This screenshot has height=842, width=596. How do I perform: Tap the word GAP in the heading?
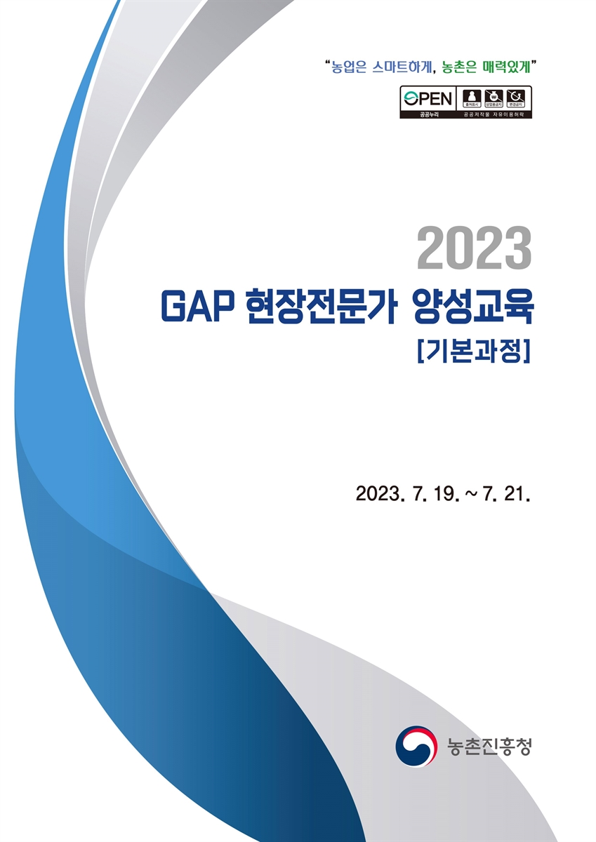pos(196,309)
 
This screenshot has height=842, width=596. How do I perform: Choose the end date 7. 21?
pos(510,494)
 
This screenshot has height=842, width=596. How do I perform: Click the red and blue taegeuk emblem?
pos(416,746)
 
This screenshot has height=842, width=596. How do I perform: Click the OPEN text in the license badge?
pos(428,98)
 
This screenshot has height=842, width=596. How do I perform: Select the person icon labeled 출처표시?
pos(471,98)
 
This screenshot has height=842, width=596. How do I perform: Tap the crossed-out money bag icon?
pos(494,98)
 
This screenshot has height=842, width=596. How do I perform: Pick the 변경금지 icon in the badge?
pos(517,98)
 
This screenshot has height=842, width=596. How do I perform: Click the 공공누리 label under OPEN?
pos(428,113)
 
